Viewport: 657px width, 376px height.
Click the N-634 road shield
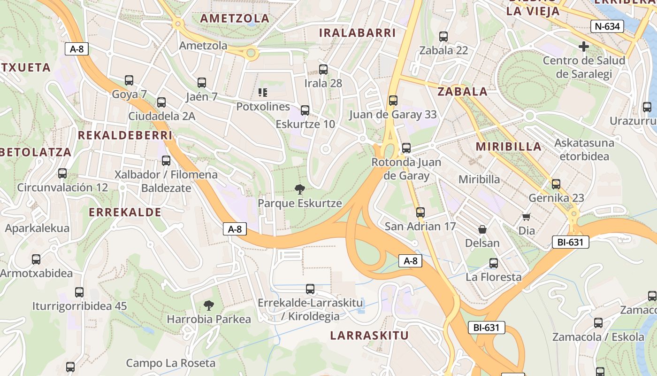click(x=607, y=26)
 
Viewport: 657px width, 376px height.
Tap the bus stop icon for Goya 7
click(x=129, y=80)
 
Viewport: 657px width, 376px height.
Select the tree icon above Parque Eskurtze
click(x=299, y=189)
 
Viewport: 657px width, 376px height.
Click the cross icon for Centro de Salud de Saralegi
click(x=584, y=47)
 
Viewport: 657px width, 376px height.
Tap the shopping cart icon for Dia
click(x=526, y=217)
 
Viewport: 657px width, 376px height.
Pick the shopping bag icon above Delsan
click(x=482, y=229)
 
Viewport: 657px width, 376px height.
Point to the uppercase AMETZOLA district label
click(x=235, y=18)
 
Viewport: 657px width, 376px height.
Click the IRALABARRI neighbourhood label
click(x=357, y=32)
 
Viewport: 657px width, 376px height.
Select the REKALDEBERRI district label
click(x=125, y=135)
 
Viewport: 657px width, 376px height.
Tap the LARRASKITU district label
click(x=369, y=336)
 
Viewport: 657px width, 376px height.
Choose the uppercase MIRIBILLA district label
click(x=509, y=146)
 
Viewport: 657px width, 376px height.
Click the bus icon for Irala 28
click(x=323, y=70)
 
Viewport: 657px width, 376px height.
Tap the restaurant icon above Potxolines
click(x=263, y=93)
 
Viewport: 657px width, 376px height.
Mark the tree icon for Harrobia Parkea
click(x=209, y=305)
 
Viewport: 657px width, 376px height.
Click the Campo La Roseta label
click(x=171, y=363)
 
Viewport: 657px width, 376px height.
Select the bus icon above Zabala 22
click(x=443, y=36)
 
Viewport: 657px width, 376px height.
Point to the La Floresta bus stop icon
click(x=493, y=263)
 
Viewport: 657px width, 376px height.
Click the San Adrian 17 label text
click(x=420, y=227)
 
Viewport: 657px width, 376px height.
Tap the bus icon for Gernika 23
click(x=556, y=184)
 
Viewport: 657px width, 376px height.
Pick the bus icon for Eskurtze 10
click(x=305, y=110)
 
